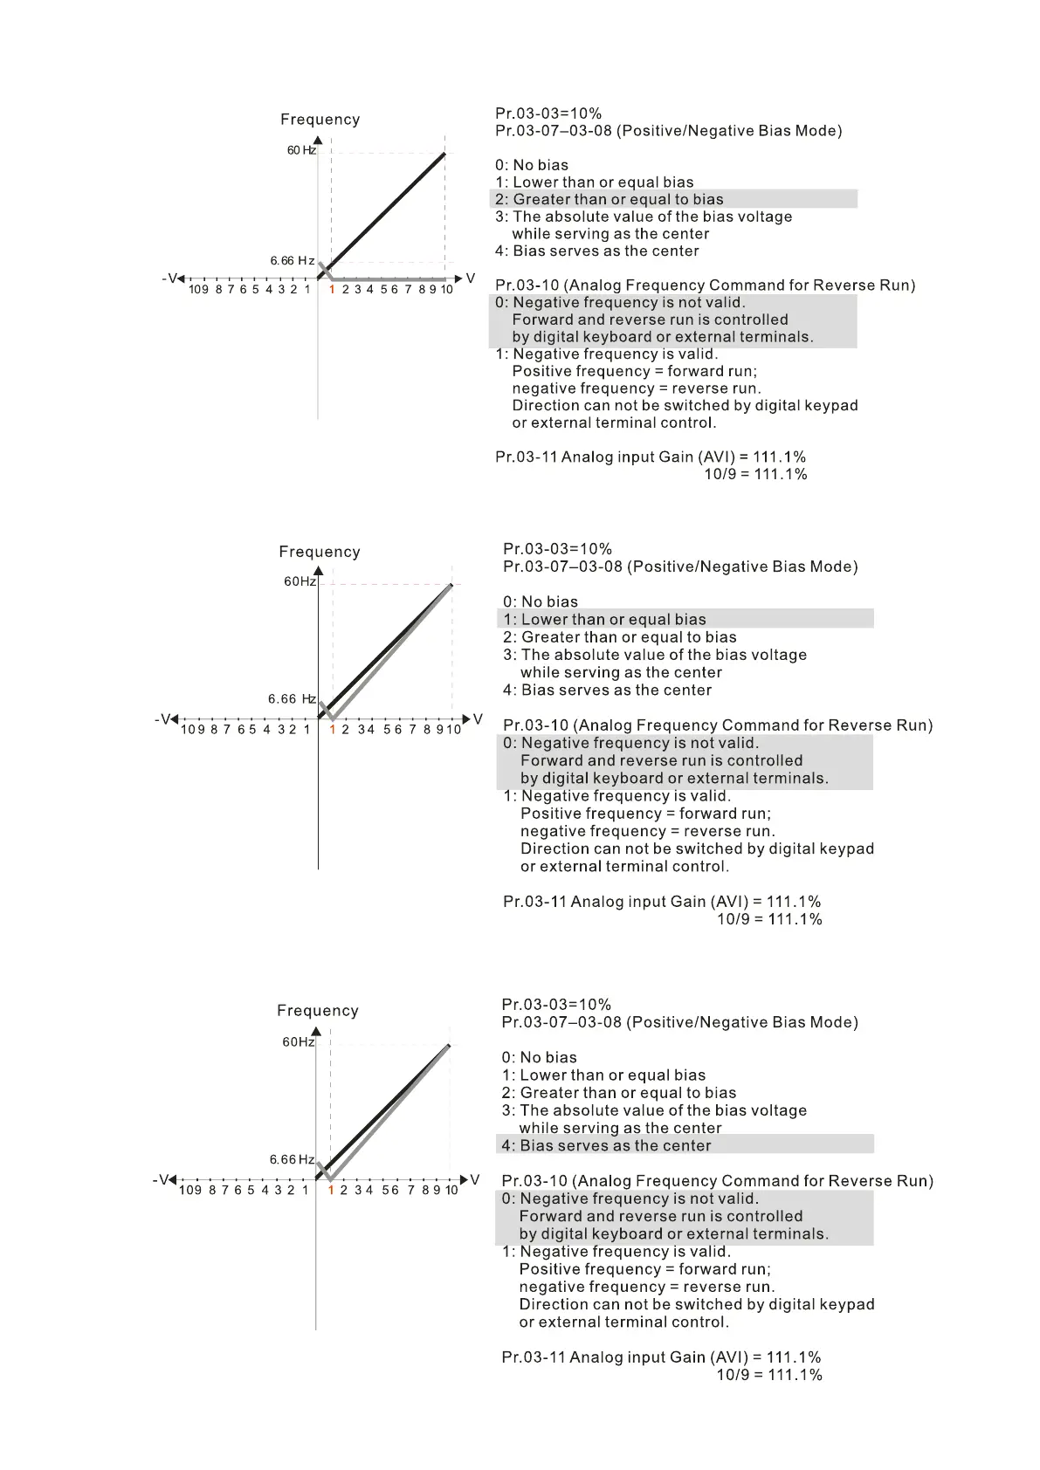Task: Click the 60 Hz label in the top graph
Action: point(301,150)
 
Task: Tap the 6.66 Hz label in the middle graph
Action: point(292,698)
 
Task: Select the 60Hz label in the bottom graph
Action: point(298,1041)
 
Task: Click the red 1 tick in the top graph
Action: point(332,289)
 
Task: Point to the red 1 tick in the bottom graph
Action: point(331,1190)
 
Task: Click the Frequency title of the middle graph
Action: point(319,552)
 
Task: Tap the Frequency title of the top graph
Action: point(320,120)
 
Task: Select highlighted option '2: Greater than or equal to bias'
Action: point(610,199)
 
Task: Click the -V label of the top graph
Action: point(170,278)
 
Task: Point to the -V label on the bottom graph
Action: point(162,1180)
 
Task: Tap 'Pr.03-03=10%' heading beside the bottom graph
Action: point(556,1005)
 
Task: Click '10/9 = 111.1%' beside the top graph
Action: point(755,474)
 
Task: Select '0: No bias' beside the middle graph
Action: point(540,601)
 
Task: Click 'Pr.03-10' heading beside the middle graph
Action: point(717,725)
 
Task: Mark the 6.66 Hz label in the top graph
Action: point(293,261)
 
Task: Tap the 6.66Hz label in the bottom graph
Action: point(292,1159)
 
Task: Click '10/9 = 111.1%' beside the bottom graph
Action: point(768,1375)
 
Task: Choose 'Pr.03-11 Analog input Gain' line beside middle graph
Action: point(661,902)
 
